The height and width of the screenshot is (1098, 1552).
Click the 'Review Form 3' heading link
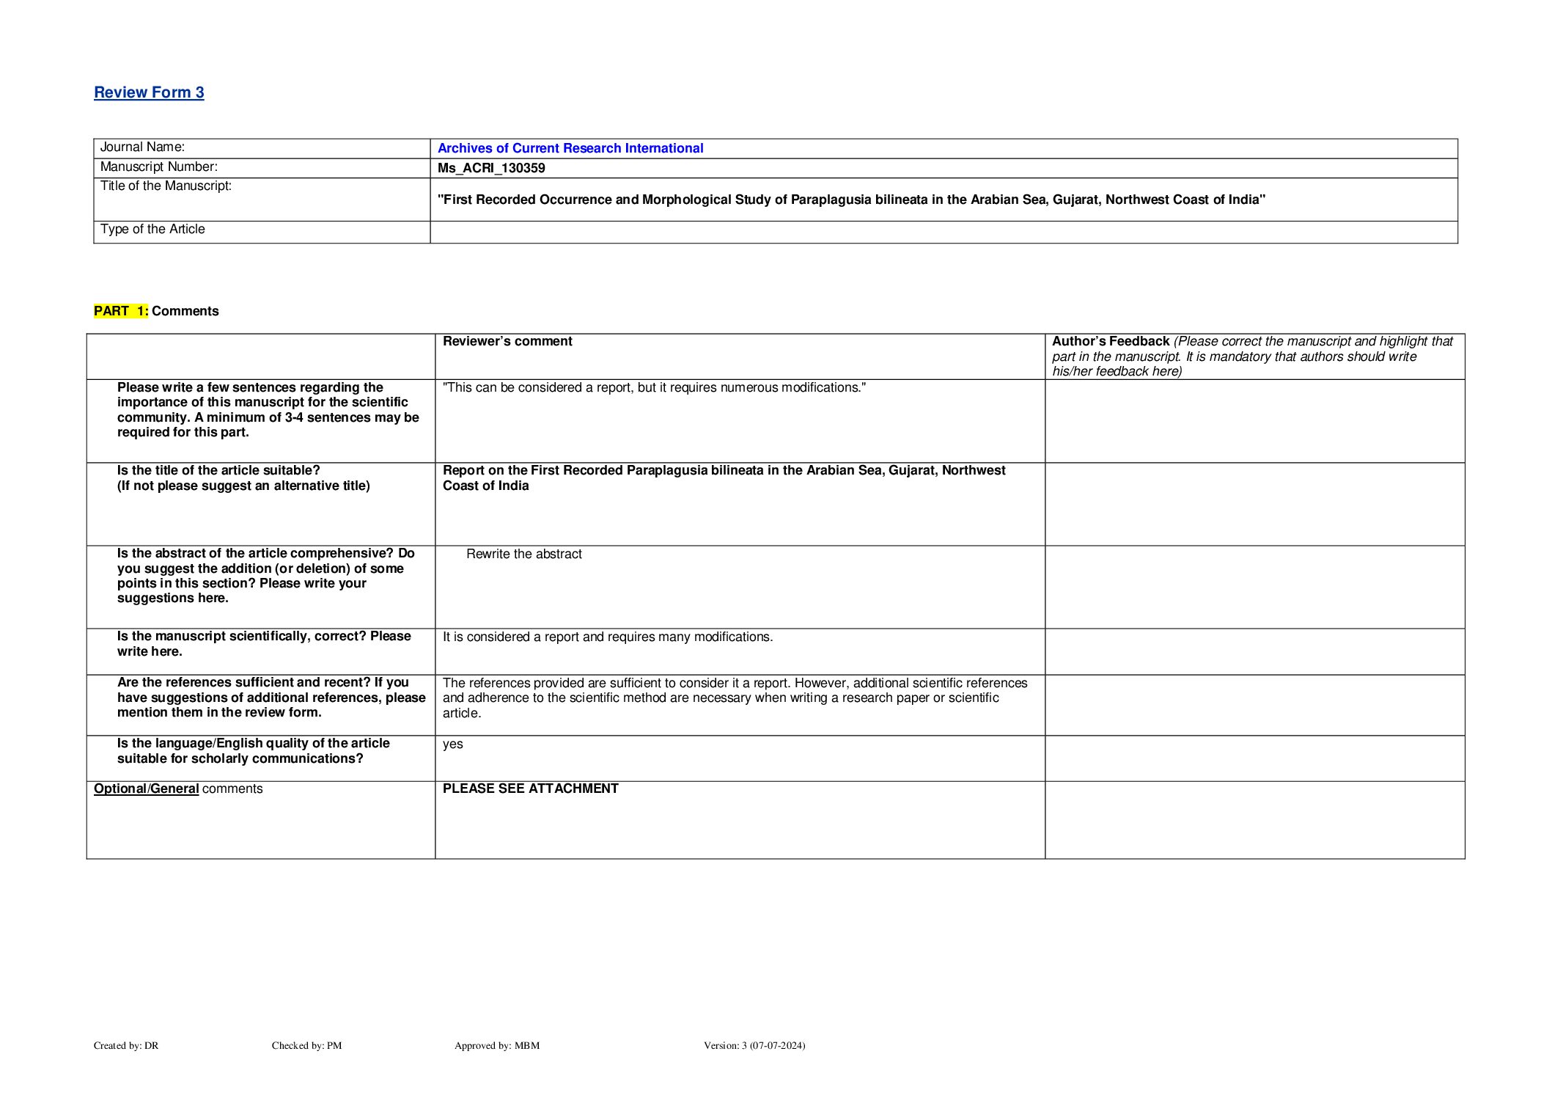[149, 92]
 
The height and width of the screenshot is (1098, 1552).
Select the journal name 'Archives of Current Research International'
[570, 148]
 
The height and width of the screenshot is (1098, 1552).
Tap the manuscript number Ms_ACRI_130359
[491, 168]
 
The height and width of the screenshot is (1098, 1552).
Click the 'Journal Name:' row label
[142, 147]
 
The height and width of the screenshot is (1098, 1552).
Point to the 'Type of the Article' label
[152, 230]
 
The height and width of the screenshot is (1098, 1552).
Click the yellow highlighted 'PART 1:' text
[121, 311]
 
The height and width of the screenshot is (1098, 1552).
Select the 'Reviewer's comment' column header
[507, 342]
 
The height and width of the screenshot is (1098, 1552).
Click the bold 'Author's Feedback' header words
[1110, 342]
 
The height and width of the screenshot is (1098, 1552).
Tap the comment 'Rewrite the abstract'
[523, 555]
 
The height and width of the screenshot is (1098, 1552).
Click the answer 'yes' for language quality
[452, 744]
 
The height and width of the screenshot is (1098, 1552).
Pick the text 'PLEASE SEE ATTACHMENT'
[530, 789]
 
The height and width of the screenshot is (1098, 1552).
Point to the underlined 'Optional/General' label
[147, 789]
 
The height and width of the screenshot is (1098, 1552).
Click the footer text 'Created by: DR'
[126, 1046]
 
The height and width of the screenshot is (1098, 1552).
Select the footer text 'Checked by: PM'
[306, 1046]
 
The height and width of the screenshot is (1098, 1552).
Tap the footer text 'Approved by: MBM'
[496, 1046]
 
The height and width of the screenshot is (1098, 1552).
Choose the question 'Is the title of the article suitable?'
[218, 471]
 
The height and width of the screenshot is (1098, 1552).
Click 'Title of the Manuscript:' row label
[166, 186]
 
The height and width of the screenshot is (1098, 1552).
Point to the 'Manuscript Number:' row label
[158, 167]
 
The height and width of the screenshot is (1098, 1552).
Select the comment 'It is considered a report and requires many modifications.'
[607, 637]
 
